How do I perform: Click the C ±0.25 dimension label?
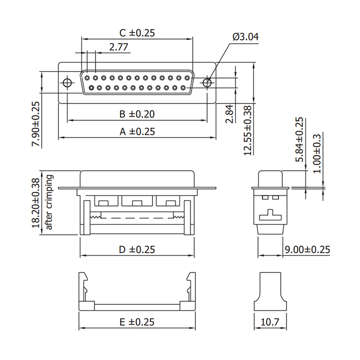[137, 33]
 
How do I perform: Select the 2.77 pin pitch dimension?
[118, 47]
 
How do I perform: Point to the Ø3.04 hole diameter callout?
[245, 37]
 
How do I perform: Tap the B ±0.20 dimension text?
[137, 114]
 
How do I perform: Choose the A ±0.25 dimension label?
[137, 131]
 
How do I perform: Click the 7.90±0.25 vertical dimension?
[36, 124]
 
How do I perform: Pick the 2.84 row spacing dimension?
[229, 114]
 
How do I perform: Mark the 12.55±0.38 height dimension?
[247, 130]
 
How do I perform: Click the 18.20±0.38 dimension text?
[36, 203]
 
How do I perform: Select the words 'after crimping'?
[49, 202]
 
